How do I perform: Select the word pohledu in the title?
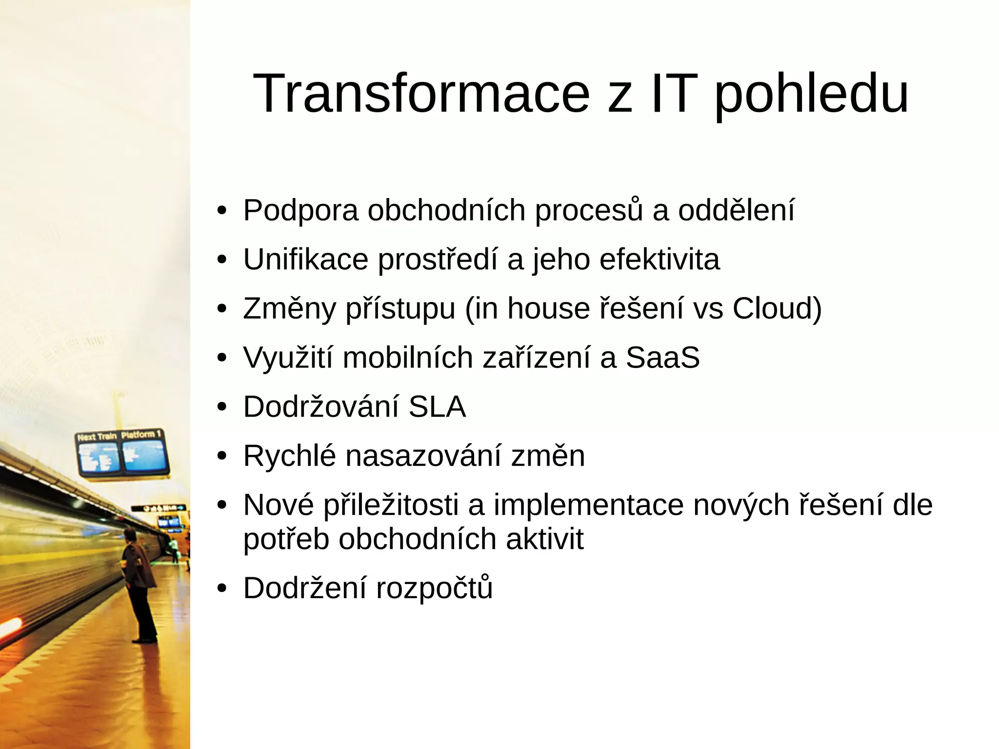(x=812, y=95)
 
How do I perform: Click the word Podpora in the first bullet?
(x=300, y=211)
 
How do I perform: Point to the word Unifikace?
(x=305, y=259)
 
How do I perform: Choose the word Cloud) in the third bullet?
(x=777, y=308)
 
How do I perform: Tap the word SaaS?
(x=662, y=358)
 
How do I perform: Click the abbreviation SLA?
(x=437, y=406)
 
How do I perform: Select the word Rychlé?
(x=290, y=456)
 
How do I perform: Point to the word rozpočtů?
(x=434, y=588)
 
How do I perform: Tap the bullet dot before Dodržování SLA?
(x=222, y=407)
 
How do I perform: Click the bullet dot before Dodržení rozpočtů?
(x=222, y=588)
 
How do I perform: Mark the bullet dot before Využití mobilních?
(x=222, y=358)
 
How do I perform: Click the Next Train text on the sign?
(x=97, y=437)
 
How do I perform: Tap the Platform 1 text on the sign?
(x=141, y=434)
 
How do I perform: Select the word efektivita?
(x=659, y=259)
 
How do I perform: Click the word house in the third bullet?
(x=549, y=308)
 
